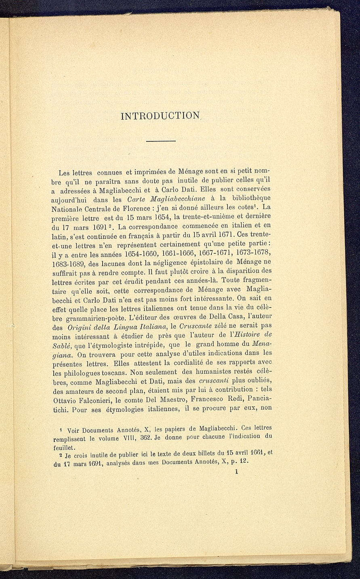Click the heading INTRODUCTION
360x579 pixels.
tap(160, 116)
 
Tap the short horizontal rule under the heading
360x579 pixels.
tap(161, 141)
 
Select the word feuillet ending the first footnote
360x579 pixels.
tap(64, 447)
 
